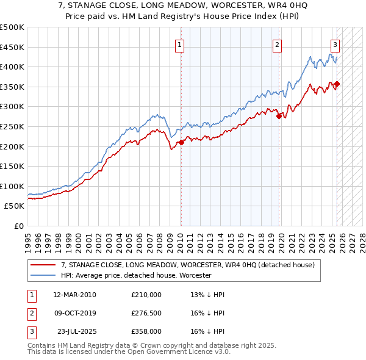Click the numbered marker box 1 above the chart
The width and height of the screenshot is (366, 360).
[x=181, y=45]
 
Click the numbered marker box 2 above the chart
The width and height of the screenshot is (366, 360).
[x=277, y=45]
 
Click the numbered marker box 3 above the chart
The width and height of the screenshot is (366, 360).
[x=335, y=45]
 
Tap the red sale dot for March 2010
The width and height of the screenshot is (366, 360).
[x=181, y=142]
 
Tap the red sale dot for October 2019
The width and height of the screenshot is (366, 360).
[x=279, y=116]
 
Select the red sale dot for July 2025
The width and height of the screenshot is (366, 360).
[x=337, y=84]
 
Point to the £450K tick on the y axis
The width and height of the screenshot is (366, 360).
[x=12, y=47]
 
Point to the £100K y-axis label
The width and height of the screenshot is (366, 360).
[x=12, y=186]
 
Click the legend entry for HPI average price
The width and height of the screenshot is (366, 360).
[x=135, y=276]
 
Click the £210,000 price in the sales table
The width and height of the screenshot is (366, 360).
[x=146, y=295]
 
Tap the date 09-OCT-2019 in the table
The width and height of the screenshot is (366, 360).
[x=74, y=314]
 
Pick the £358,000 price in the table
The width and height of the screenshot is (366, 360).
[x=146, y=332]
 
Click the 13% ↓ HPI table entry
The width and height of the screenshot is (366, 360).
[x=208, y=295]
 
